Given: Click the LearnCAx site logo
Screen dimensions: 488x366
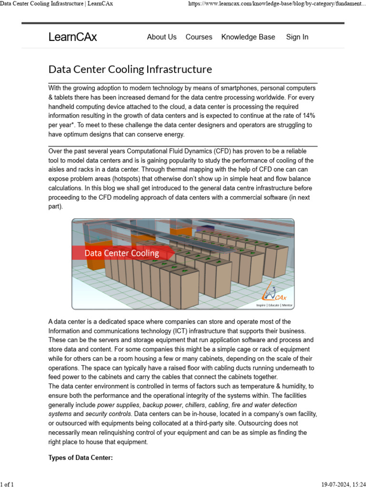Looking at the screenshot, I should point(72,37).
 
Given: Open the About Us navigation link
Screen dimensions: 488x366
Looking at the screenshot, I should point(162,37).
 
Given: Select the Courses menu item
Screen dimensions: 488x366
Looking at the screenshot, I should point(199,37).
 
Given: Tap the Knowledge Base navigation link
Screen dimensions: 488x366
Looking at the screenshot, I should point(248,37).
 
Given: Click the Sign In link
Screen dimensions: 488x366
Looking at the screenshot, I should point(297,37).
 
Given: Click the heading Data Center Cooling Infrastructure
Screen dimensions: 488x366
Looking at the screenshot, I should point(130,70).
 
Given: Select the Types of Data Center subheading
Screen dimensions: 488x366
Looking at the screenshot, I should point(81,458).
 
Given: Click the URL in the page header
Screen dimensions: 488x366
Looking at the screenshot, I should point(277,4).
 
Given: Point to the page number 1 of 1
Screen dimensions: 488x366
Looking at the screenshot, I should point(7,484).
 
